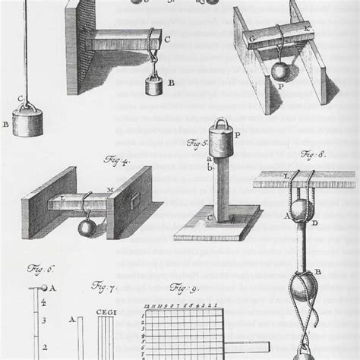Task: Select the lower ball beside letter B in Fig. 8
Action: (303, 290)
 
